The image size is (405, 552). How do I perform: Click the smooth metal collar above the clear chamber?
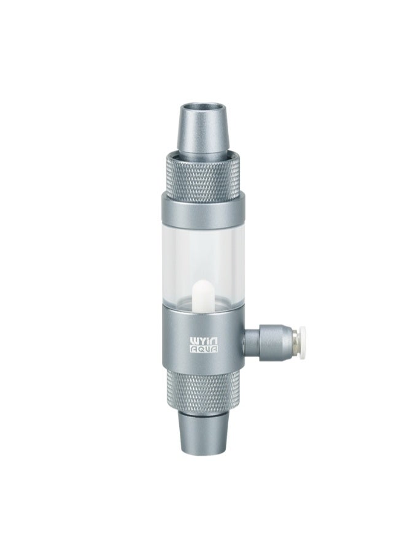coord(202,210)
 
